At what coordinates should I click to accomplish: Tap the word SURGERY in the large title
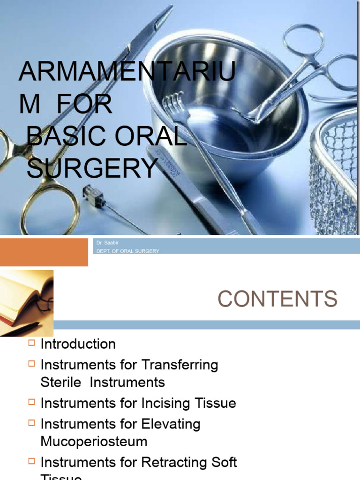[x=91, y=169]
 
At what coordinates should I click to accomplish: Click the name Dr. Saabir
[x=105, y=243]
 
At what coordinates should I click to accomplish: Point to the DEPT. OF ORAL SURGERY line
[x=127, y=251]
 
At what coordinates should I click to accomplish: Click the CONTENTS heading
[x=277, y=299]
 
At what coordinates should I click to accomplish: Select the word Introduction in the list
[x=78, y=344]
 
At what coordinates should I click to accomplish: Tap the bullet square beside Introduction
[x=31, y=343]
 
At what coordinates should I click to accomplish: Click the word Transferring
[x=180, y=365]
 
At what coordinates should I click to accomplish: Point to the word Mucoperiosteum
[x=94, y=442]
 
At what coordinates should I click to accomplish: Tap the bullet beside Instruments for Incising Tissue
[x=31, y=402]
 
